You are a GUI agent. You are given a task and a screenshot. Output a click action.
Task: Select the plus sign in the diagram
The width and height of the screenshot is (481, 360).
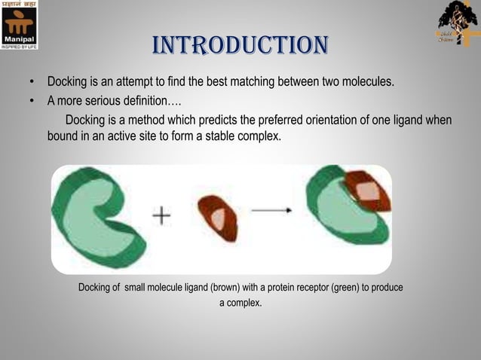(161, 216)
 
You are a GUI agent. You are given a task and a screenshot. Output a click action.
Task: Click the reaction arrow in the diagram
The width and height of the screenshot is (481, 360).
(271, 212)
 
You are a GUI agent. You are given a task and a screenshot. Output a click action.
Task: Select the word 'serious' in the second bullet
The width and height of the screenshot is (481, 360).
(103, 102)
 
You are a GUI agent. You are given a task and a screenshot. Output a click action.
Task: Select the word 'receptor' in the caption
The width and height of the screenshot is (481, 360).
(302, 288)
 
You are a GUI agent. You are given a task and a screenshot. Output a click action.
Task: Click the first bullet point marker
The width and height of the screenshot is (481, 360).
(32, 81)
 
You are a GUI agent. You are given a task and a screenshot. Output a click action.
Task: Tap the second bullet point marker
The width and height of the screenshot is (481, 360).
(32, 102)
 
